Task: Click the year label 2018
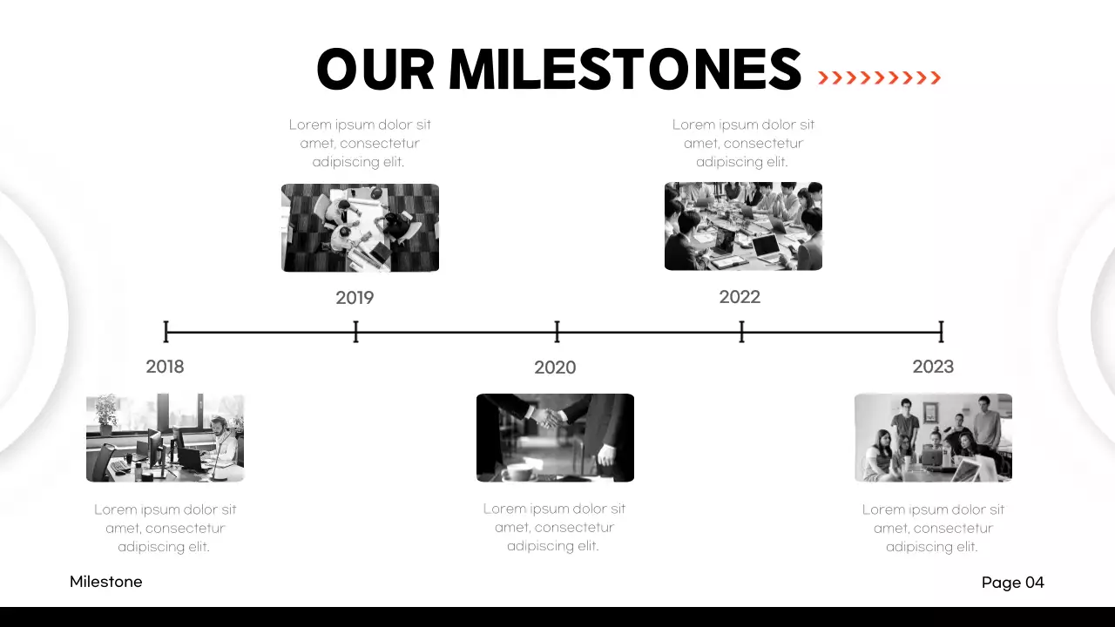pyautogui.click(x=165, y=367)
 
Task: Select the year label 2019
pyautogui.click(x=355, y=298)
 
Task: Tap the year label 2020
pyautogui.click(x=555, y=367)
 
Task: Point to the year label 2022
pyautogui.click(x=740, y=297)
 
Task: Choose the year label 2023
pyautogui.click(x=933, y=367)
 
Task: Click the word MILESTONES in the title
pyautogui.click(x=625, y=70)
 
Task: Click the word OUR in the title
pyautogui.click(x=375, y=70)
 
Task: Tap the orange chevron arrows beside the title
pyautogui.click(x=880, y=78)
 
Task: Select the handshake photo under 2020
pyautogui.click(x=555, y=437)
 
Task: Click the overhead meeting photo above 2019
pyautogui.click(x=360, y=227)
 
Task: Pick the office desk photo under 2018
pyautogui.click(x=165, y=437)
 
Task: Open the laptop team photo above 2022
pyautogui.click(x=743, y=226)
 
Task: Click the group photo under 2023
pyautogui.click(x=933, y=437)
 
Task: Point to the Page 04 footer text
pyautogui.click(x=1012, y=583)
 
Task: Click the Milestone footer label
pyautogui.click(x=105, y=582)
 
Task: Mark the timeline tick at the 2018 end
pyautogui.click(x=166, y=332)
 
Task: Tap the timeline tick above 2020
pyautogui.click(x=557, y=332)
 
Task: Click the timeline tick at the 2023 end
pyautogui.click(x=941, y=332)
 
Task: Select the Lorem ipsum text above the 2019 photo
pyautogui.click(x=360, y=143)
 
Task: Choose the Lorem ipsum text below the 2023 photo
pyautogui.click(x=933, y=528)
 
